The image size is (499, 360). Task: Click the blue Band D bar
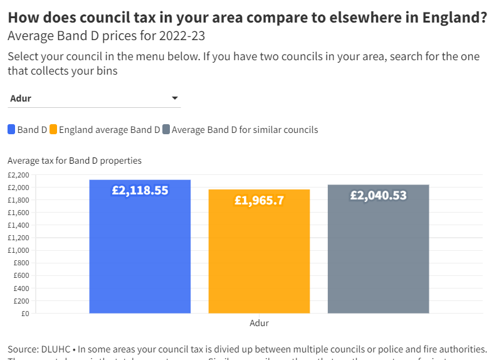[x=140, y=251]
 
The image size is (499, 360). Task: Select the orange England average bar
[x=259, y=257]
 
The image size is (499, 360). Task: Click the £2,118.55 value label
[x=140, y=191]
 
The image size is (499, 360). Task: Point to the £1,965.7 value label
[x=259, y=201]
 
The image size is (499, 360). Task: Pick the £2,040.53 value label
[x=378, y=196]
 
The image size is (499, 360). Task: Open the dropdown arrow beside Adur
[x=175, y=98]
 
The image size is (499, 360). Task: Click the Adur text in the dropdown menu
[x=21, y=98]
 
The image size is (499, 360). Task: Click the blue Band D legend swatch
[x=11, y=130]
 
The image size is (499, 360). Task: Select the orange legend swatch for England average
[x=53, y=130]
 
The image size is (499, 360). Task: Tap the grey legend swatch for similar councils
[x=166, y=130]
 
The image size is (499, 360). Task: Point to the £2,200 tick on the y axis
[x=18, y=175]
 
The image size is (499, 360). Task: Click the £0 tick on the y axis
[x=24, y=313]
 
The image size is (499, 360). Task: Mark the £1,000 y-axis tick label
[x=18, y=250]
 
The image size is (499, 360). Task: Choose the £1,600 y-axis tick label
[x=18, y=213]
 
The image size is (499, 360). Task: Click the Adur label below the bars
[x=259, y=324]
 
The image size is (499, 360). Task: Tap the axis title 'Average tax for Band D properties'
[x=75, y=161]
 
